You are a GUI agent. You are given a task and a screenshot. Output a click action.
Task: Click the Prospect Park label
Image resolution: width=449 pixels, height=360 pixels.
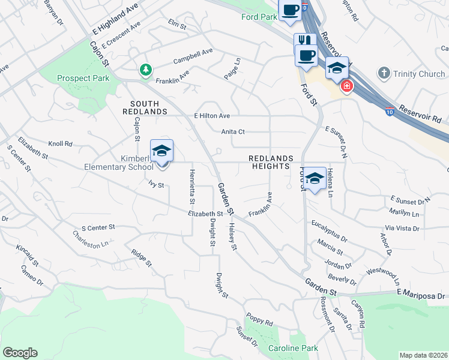point(83,78)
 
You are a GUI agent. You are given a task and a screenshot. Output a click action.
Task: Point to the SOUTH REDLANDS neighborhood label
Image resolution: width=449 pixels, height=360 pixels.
point(145,107)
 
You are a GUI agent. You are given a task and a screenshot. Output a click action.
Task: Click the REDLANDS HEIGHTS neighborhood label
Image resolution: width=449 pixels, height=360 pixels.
point(271,162)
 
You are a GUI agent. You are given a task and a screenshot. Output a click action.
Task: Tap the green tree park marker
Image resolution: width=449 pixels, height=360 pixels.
point(145,71)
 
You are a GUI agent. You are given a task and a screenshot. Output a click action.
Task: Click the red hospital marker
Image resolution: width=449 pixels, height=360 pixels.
point(346,88)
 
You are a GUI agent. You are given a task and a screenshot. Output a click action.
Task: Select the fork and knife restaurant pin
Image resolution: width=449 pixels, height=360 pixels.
point(305,41)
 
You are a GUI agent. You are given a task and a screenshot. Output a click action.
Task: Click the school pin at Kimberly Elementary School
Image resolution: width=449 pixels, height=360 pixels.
point(161,151)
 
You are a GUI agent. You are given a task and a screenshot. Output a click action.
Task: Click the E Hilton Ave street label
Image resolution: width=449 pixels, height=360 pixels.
point(212,116)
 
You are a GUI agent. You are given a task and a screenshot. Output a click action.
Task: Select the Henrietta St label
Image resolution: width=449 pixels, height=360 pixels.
point(192,187)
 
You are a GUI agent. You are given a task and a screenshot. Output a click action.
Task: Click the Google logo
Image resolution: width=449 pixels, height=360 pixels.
point(20,353)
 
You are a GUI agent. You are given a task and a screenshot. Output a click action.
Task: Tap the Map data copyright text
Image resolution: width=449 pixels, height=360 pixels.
point(424,355)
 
